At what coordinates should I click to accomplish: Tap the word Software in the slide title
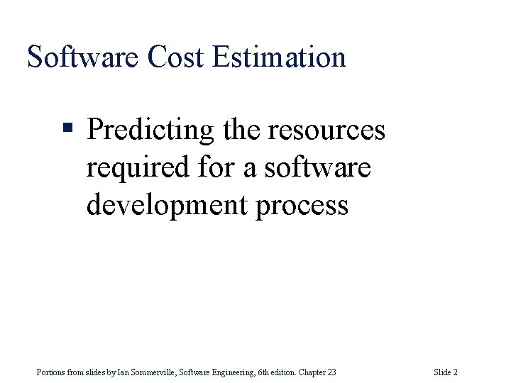[x=84, y=57]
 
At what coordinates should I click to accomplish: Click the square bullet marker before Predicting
[x=68, y=129]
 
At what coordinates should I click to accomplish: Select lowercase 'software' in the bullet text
[x=317, y=168]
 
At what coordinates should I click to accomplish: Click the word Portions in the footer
[x=50, y=372]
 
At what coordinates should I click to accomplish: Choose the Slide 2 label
[x=445, y=372]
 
